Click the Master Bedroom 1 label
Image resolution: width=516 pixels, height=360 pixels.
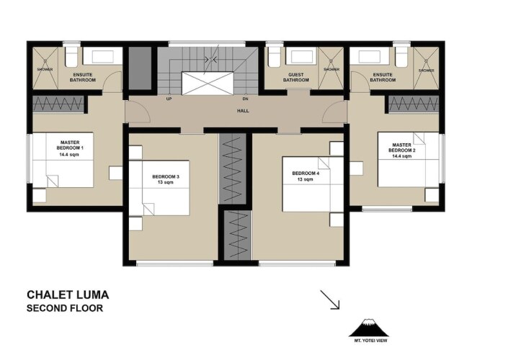point(70,148)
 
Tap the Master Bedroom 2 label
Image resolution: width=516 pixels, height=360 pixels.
point(402,150)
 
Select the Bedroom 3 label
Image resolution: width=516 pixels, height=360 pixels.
point(166,179)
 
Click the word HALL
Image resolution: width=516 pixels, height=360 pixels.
point(243,111)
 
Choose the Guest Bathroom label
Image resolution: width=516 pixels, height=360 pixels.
point(296,77)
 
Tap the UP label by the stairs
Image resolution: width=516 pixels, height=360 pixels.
point(169,99)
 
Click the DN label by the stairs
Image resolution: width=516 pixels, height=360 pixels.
point(245,99)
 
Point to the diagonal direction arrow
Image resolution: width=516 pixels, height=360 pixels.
point(330,300)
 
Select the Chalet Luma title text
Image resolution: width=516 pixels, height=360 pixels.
point(68,294)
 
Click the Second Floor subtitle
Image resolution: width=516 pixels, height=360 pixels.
point(65,308)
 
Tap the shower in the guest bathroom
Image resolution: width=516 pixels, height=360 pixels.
point(331,68)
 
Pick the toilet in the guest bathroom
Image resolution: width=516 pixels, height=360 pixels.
point(274,57)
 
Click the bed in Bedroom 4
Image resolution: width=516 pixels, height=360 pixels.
point(313,184)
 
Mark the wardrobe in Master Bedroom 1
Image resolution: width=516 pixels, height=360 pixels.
point(58,104)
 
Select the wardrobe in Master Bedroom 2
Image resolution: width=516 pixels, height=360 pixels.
point(414,104)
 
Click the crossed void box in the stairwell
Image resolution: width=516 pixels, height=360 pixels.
point(208,84)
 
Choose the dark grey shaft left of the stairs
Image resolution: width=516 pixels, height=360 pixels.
point(140,68)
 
